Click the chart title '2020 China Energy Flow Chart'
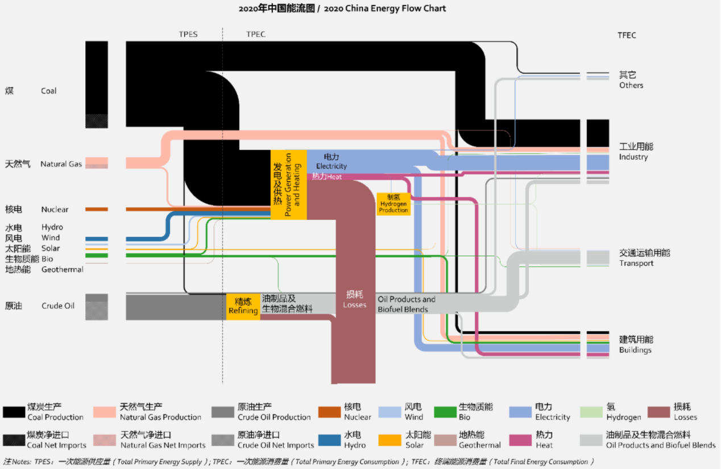coord(384,9)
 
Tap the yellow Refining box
coord(243,306)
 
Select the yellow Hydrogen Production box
coord(393,204)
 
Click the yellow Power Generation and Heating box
coord(288,184)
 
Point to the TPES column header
coord(188,34)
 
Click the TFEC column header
coord(627,35)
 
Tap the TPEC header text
coord(256,34)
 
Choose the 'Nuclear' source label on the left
coord(55,209)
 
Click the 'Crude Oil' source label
coord(58,306)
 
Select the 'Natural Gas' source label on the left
coord(61,164)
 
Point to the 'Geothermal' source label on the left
coord(63,269)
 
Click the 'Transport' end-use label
coord(636,263)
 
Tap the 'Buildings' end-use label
coord(635,350)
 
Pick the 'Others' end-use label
coord(631,85)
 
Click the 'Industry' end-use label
coord(633,157)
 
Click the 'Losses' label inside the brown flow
coord(355,305)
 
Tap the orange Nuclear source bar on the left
coord(97,209)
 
